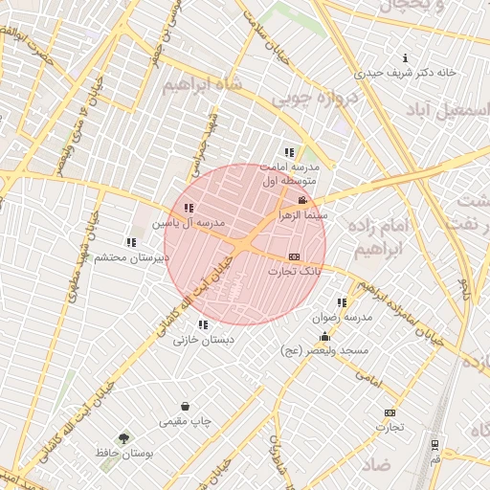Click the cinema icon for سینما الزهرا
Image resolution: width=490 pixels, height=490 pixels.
click(x=302, y=200)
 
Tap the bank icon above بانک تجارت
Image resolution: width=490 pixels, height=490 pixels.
click(x=293, y=256)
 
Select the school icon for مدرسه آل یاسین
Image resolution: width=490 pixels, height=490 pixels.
click(x=189, y=208)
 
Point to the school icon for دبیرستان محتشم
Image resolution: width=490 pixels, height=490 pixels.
click(x=130, y=242)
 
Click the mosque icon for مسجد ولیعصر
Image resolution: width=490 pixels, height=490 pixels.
click(x=324, y=336)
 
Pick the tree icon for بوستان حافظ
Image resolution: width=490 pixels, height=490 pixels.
click(x=122, y=437)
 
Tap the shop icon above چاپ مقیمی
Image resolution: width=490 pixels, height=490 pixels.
click(x=185, y=406)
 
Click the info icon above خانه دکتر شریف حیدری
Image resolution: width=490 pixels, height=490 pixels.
click(x=406, y=57)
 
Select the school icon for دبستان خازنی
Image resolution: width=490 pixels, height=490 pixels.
click(x=201, y=324)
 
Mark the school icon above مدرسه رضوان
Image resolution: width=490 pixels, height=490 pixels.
click(x=342, y=302)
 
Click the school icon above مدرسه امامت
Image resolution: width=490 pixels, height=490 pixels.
click(x=289, y=152)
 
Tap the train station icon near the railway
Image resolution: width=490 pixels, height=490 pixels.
click(x=435, y=444)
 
